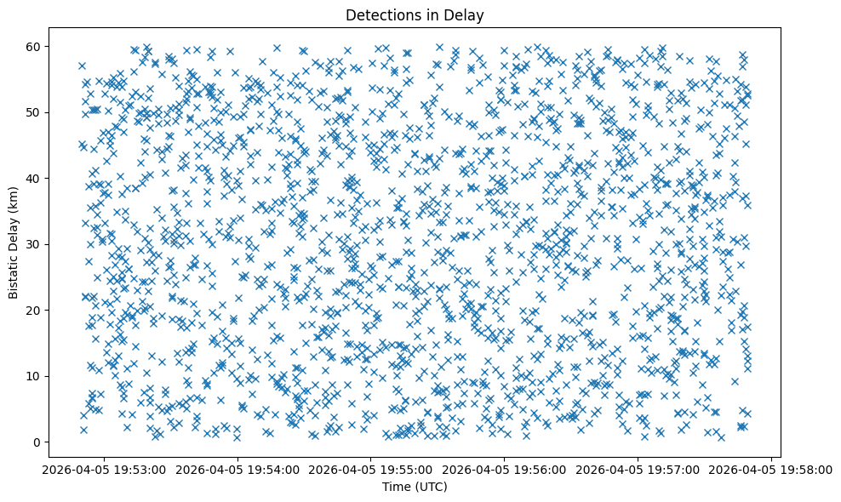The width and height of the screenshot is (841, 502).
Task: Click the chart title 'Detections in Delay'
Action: click(414, 14)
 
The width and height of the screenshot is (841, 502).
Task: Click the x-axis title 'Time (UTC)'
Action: click(414, 487)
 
